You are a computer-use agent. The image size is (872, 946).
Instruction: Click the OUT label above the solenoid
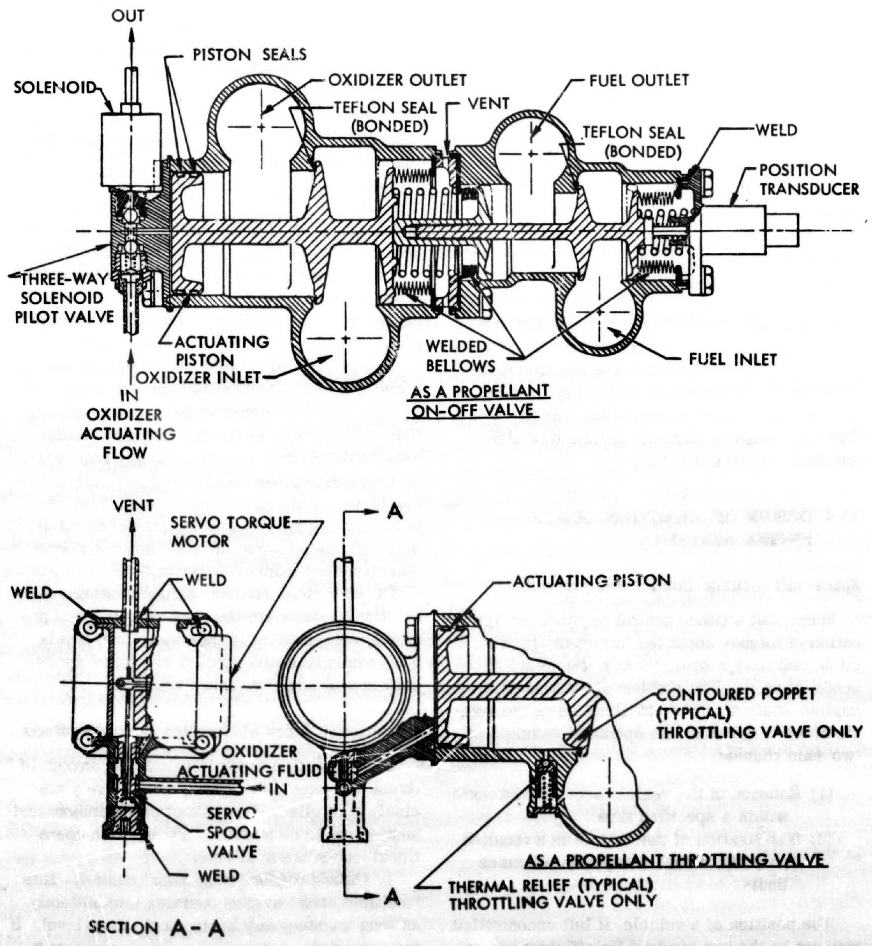(x=128, y=16)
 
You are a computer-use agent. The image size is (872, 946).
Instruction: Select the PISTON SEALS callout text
(x=250, y=55)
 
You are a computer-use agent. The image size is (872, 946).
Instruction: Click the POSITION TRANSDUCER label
(x=809, y=180)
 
